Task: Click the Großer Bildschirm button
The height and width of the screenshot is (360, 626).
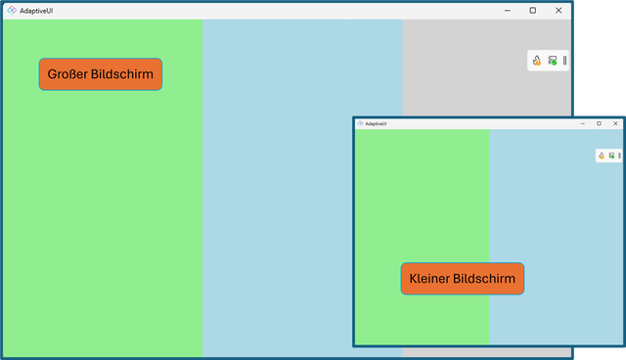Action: click(100, 74)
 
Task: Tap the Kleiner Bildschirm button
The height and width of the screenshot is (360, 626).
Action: click(462, 279)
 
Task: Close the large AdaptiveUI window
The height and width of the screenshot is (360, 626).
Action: click(559, 10)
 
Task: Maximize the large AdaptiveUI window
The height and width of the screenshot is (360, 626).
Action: click(533, 10)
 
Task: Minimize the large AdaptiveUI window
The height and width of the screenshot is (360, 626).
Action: click(508, 10)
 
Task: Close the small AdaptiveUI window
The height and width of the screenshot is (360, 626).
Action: click(615, 123)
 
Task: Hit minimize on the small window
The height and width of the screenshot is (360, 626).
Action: click(583, 123)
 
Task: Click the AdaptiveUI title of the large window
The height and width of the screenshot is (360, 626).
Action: click(36, 10)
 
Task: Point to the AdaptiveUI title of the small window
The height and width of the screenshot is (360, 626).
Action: click(377, 123)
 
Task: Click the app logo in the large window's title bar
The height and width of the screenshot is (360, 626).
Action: click(11, 10)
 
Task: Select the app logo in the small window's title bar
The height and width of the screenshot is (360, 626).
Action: click(360, 123)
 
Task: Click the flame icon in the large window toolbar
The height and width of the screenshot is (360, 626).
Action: click(537, 61)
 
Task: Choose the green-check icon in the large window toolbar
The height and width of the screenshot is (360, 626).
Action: click(553, 61)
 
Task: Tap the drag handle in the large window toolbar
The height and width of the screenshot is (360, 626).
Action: click(564, 61)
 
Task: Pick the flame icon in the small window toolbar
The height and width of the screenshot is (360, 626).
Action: click(603, 155)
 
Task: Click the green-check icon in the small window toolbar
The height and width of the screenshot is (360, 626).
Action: click(611, 155)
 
